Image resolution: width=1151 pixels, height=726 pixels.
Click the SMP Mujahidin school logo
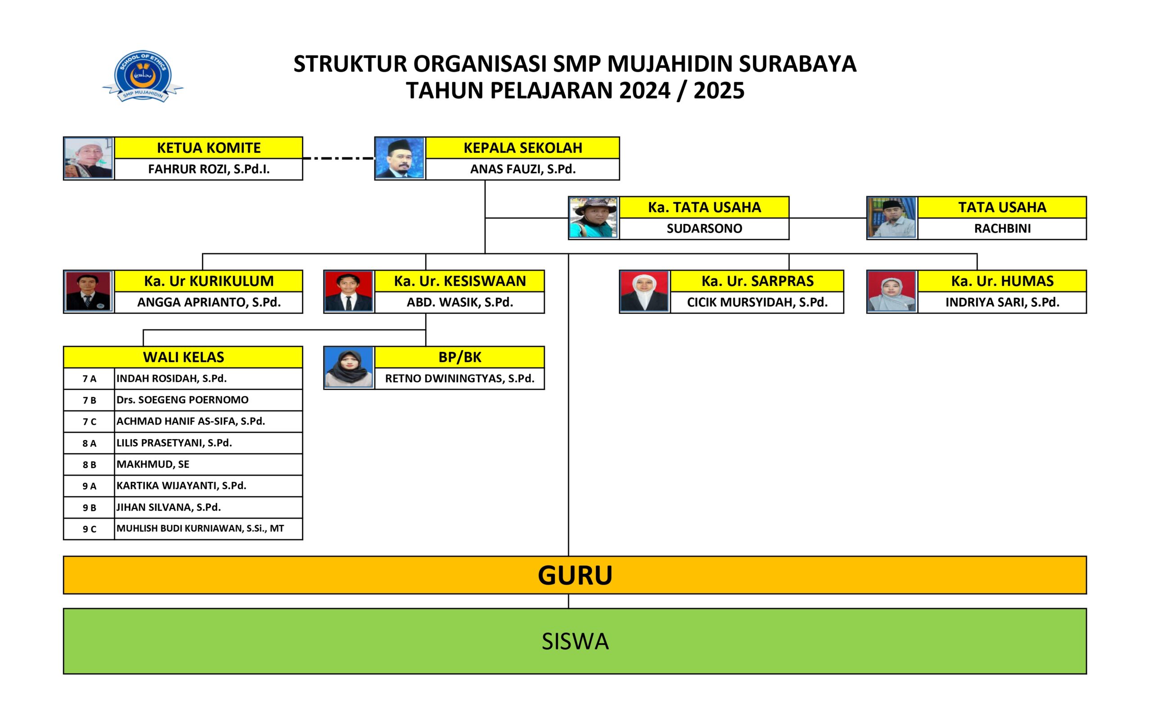[143, 76]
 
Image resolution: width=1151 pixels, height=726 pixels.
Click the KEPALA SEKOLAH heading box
[522, 148]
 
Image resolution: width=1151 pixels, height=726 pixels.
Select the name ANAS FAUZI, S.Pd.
[523, 169]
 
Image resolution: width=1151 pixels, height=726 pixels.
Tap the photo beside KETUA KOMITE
[89, 158]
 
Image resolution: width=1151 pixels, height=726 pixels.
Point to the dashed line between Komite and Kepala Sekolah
[339, 158]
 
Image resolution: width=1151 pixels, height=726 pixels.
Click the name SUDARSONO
[705, 229]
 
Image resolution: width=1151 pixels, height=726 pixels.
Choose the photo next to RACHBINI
[892, 218]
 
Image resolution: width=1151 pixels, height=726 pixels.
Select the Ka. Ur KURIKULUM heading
[209, 281]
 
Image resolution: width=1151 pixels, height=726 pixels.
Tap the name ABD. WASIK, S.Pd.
[460, 302]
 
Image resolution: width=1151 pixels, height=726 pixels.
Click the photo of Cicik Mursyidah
[644, 292]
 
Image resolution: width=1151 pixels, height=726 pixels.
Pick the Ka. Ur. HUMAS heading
[1002, 281]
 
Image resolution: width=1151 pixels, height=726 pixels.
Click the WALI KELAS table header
[183, 357]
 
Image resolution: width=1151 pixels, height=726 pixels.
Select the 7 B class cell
[89, 400]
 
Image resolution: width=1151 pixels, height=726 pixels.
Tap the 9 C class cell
[89, 529]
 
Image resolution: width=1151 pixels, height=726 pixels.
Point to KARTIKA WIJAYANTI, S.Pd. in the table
[182, 485]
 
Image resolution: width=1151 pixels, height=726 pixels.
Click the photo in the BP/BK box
[348, 368]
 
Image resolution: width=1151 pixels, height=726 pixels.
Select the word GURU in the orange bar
[575, 575]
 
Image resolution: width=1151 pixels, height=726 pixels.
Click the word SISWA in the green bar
[575, 642]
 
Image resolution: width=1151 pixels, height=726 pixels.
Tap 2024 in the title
[645, 90]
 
